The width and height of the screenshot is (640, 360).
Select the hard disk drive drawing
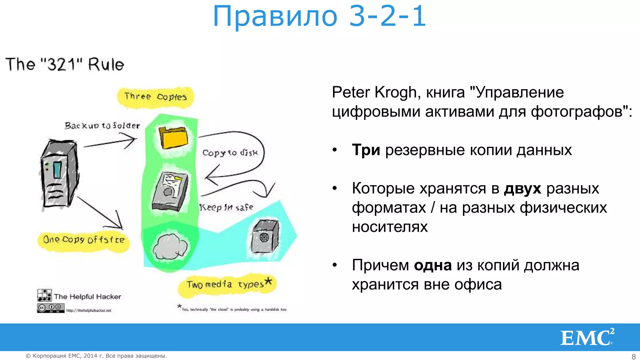[x=170, y=191]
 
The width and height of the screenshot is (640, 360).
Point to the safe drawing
[x=265, y=236]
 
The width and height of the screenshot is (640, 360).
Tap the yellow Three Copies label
[x=155, y=97]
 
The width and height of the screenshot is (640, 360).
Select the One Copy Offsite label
[x=84, y=240]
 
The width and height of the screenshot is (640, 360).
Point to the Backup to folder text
[x=102, y=126]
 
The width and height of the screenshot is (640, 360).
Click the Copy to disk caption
[x=230, y=153]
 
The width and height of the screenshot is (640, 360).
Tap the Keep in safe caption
[x=226, y=207]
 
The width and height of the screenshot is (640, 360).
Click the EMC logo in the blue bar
[x=587, y=337]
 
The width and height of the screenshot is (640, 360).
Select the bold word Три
[x=366, y=150]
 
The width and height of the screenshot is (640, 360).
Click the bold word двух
[x=522, y=189]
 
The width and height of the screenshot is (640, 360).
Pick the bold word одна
[x=433, y=266]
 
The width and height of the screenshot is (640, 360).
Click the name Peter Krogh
[x=374, y=92]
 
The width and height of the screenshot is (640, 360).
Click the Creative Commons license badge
[x=51, y=308]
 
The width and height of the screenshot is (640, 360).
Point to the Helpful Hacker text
[x=87, y=297]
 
